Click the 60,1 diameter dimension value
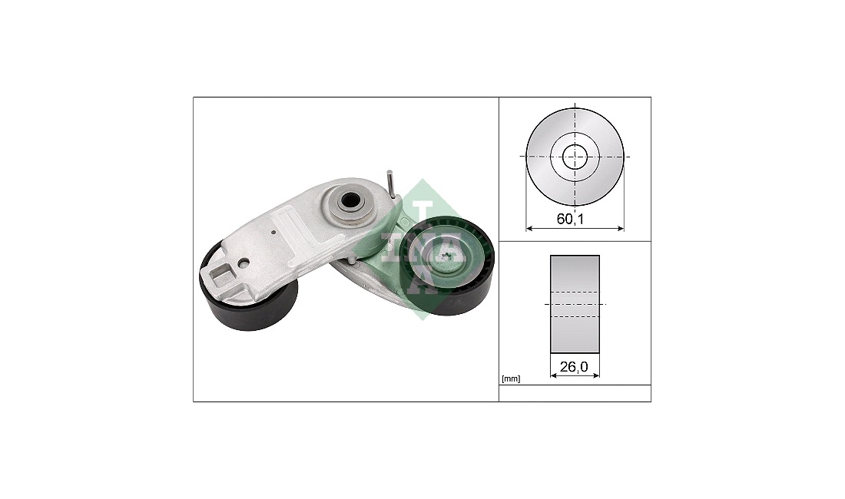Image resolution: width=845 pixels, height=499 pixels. [x=570, y=219]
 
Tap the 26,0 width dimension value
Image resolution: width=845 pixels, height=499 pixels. [x=573, y=367]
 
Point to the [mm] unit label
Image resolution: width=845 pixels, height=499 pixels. [x=511, y=379]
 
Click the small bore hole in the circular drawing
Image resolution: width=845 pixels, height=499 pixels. [x=575, y=157]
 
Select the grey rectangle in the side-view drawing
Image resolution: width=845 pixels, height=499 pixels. [x=575, y=304]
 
